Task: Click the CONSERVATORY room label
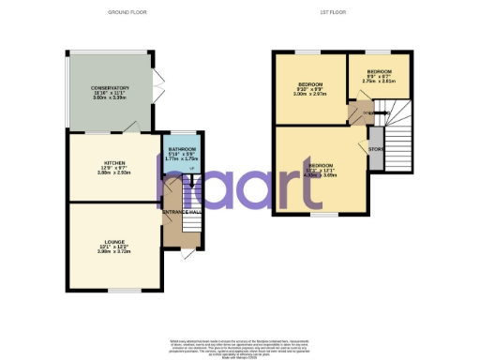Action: coord(111,88)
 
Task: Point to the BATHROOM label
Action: coord(183,149)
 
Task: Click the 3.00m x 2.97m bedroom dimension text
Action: coord(308,95)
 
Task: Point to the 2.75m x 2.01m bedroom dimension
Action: coord(379,82)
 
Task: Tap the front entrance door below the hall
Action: coord(190,254)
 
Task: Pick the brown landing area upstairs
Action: coord(359,114)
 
